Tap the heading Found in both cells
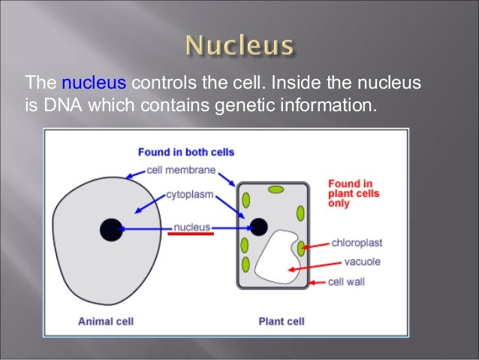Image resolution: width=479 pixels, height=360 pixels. (185, 152)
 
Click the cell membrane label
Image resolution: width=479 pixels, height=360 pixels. (181, 171)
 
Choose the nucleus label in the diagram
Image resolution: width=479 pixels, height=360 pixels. (192, 225)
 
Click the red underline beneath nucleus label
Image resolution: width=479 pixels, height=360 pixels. (191, 234)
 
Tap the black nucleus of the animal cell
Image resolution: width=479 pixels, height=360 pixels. (110, 228)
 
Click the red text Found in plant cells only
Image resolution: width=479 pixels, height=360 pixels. (354, 192)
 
